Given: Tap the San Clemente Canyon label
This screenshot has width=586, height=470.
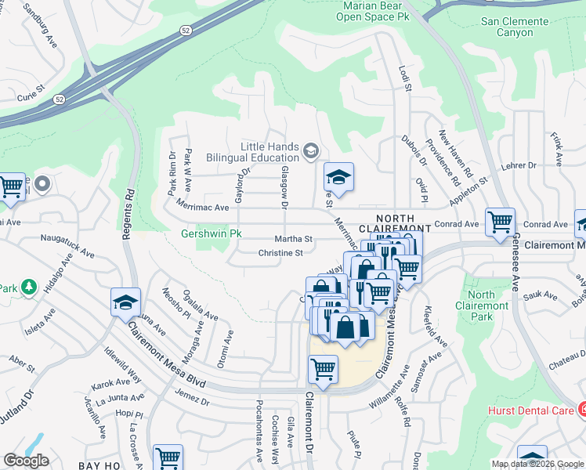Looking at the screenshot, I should [518, 27].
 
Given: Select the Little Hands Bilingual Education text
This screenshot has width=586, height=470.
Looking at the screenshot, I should [259, 152].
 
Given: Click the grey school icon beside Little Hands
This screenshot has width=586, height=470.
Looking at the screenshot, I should [311, 150].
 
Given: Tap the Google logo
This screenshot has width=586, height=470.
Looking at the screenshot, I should [26, 461].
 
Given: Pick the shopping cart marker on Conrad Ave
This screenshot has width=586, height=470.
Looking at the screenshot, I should [500, 222].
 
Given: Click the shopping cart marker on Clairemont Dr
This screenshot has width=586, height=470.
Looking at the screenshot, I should [323, 369].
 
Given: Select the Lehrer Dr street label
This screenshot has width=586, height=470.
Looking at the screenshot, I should [519, 165].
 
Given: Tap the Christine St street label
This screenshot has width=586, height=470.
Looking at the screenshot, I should [280, 253].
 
